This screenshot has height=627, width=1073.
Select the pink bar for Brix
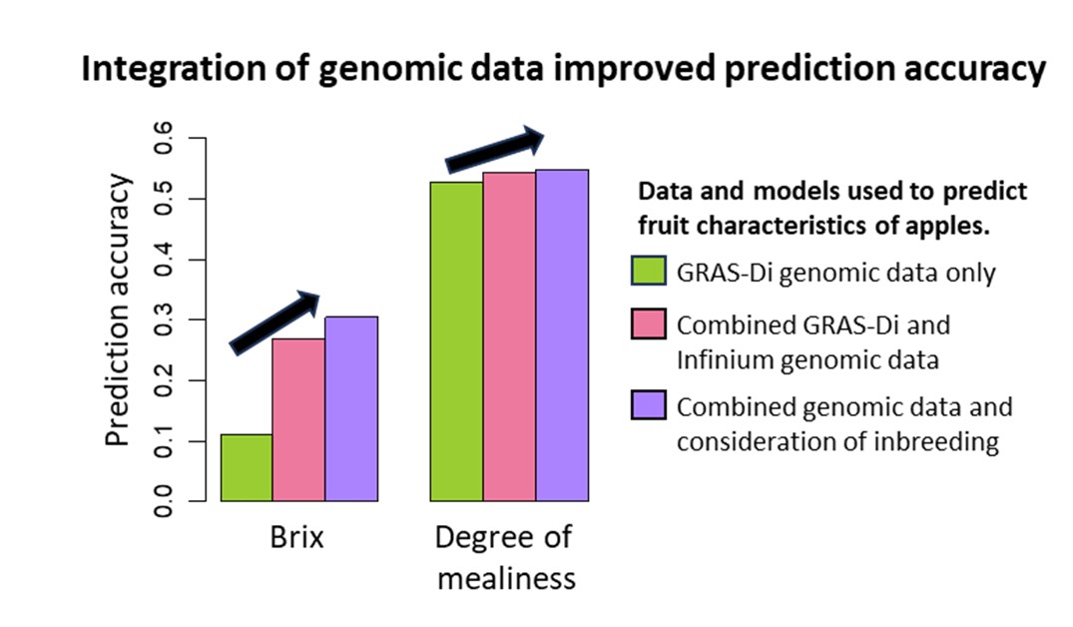298,419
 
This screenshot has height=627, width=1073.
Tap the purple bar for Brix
351,408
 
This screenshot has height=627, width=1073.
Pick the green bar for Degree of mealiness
456,340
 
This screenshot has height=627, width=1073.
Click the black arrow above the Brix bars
275,322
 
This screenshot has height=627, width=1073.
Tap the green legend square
647,272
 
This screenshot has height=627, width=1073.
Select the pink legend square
647,325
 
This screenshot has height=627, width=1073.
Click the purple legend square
647,406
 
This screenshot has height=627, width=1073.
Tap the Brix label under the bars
298,538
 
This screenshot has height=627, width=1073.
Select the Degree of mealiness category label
504,557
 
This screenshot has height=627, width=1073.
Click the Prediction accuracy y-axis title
120,311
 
